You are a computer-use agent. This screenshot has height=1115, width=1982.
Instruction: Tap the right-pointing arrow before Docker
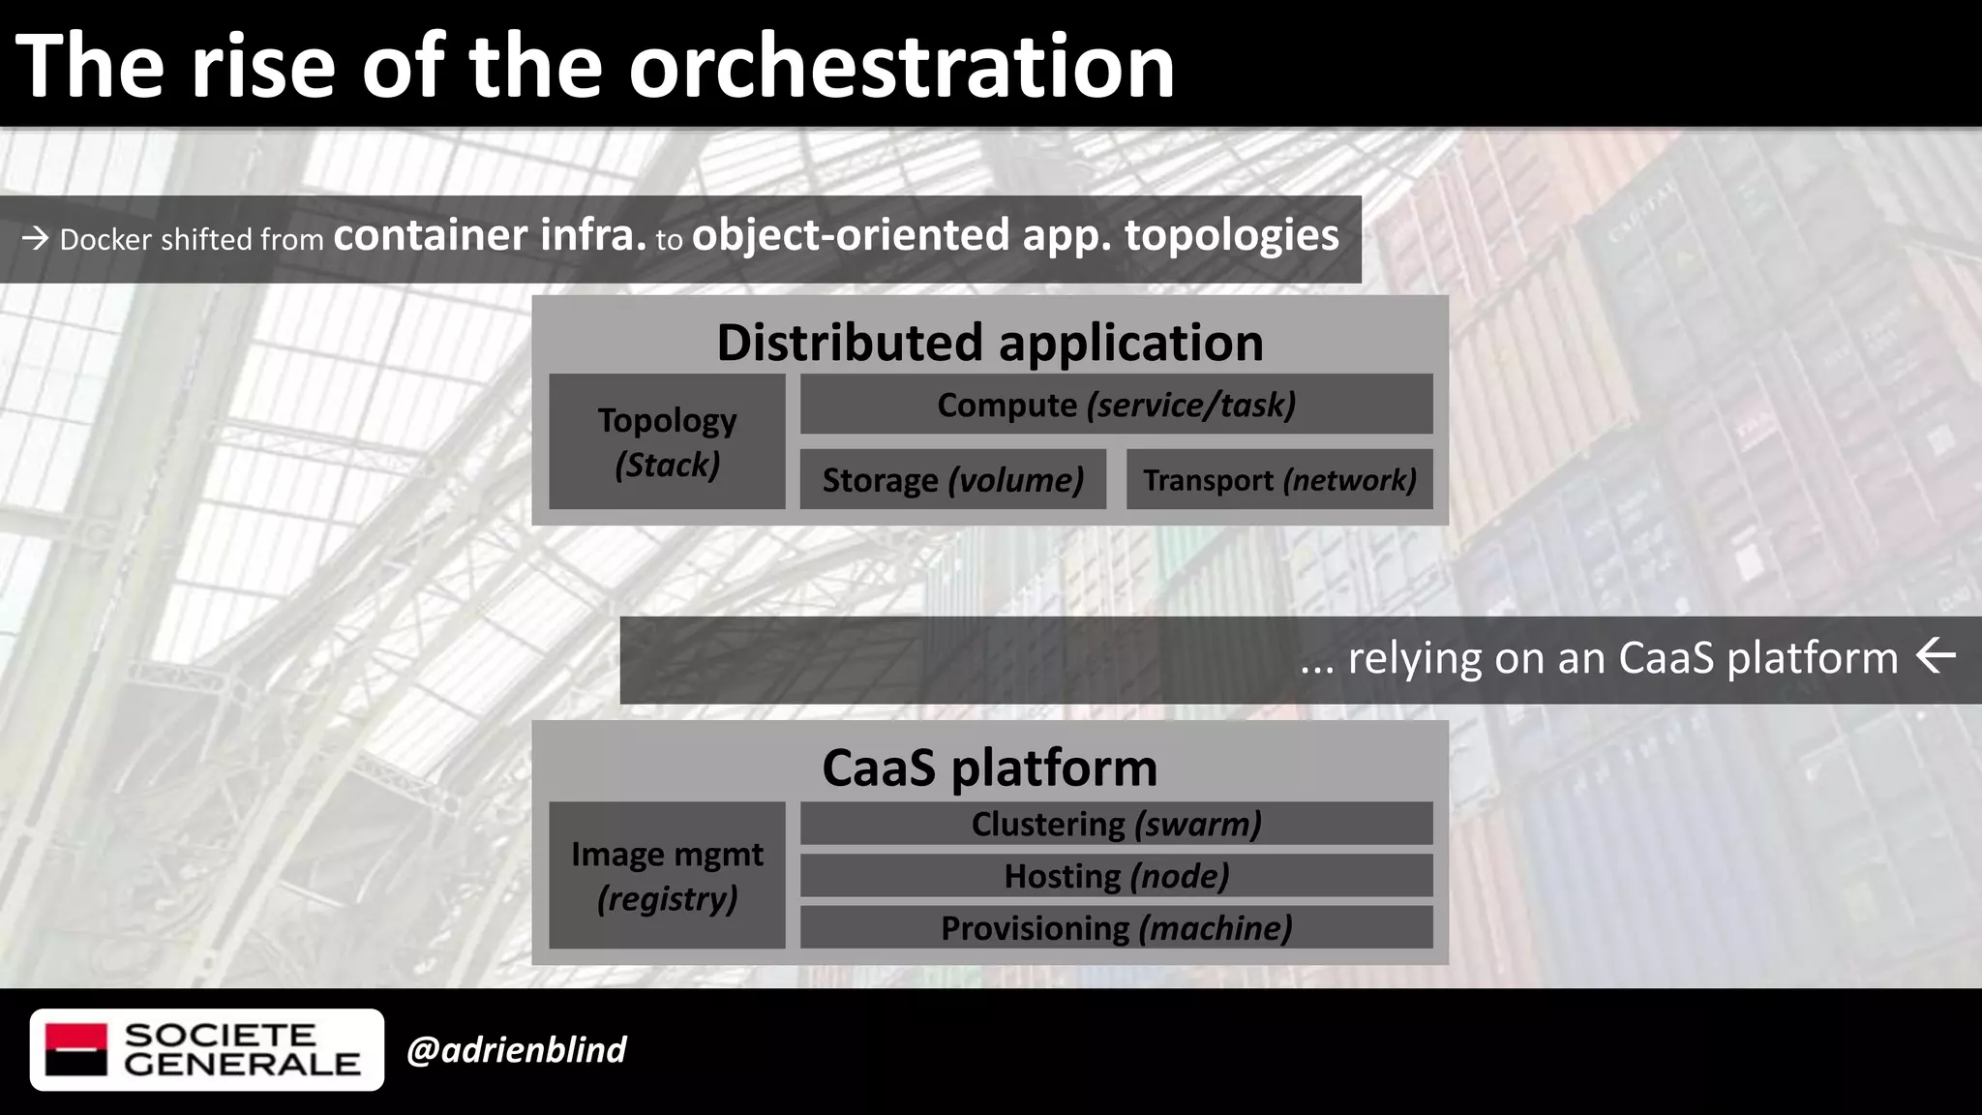coord(36,238)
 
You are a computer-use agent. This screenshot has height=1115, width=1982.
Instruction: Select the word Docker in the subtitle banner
coord(105,239)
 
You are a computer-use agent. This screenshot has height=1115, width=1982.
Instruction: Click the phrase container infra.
coord(489,235)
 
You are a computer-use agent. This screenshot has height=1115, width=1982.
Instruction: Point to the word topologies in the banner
coord(1231,235)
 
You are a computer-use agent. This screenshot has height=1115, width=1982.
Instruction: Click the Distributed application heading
coord(989,343)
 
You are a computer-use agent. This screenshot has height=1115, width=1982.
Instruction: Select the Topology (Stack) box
coord(667,441)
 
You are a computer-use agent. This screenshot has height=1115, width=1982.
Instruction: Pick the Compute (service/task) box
coord(1116,405)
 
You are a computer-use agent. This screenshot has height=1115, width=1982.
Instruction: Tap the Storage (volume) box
coord(952,479)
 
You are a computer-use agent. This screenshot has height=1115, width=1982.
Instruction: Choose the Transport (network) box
coord(1279,479)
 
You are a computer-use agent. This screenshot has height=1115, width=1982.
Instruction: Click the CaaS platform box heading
coord(989,768)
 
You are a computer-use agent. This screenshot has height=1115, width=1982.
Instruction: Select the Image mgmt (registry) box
coord(667,875)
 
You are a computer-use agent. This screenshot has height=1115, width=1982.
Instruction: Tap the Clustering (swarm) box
coord(1116,824)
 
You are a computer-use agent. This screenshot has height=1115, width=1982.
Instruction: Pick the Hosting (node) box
coord(1116,876)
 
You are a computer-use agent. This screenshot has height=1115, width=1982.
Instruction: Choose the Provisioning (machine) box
coord(1116,928)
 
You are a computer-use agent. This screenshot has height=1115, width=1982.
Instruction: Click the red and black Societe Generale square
coord(76,1049)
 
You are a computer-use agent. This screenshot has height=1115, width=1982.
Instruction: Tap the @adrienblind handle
coord(516,1050)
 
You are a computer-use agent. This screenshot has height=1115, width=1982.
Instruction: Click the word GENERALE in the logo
coord(241,1064)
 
